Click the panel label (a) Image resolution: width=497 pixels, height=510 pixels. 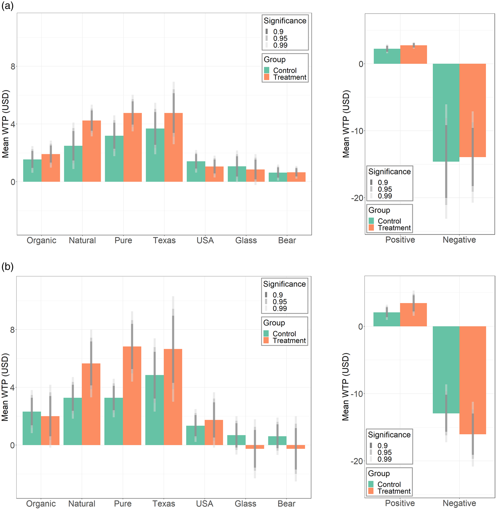[x=7, y=6]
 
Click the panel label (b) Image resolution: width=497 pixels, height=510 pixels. [x=7, y=267]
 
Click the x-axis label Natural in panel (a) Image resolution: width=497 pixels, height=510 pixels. [x=82, y=240]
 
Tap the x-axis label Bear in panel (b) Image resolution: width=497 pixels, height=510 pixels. [x=286, y=503]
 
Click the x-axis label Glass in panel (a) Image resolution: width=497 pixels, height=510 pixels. [x=246, y=240]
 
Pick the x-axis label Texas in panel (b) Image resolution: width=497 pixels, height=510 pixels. [x=164, y=503]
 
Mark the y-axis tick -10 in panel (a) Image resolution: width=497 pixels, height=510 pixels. [x=357, y=131]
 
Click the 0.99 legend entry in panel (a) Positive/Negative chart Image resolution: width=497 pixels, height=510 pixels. [x=385, y=196]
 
